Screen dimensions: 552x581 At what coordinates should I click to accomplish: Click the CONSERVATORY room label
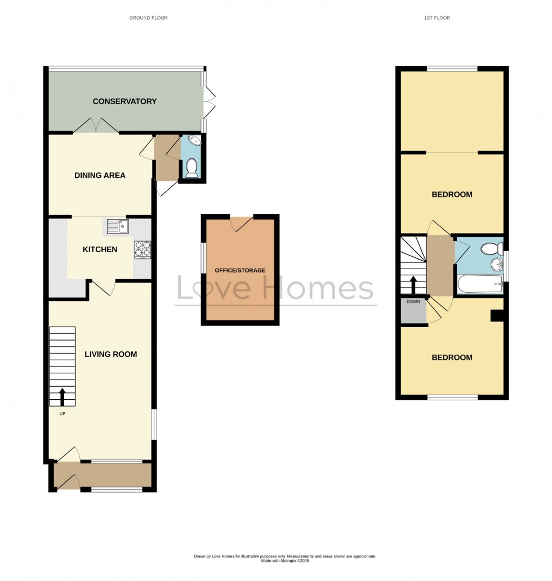[124, 101]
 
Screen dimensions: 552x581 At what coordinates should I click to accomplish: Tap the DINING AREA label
[100, 175]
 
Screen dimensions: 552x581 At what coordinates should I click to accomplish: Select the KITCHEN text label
[100, 249]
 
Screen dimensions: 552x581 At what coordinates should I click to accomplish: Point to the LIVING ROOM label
[110, 354]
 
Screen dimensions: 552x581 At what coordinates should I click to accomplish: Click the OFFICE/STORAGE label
[240, 270]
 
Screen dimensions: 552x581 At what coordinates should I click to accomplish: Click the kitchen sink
[118, 226]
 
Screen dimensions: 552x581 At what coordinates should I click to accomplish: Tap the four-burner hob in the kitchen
[143, 250]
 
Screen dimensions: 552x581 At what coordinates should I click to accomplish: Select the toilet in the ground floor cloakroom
[192, 168]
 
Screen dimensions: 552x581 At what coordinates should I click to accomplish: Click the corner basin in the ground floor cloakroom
[195, 140]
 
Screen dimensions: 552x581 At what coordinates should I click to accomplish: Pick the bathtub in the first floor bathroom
[480, 284]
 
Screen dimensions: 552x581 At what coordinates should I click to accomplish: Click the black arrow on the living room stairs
[63, 397]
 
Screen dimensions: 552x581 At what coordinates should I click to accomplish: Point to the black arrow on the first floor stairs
[413, 284]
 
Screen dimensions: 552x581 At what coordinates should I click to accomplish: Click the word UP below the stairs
[63, 414]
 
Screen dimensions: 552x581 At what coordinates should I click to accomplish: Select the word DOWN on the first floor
[413, 302]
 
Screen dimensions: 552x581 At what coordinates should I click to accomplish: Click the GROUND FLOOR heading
[148, 18]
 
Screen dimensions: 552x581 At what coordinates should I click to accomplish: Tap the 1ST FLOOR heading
[437, 18]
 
